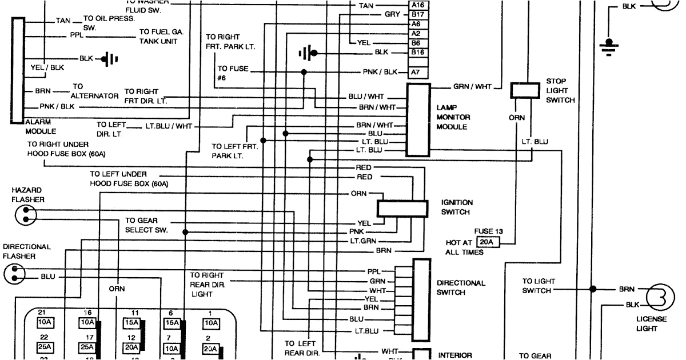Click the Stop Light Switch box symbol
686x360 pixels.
click(x=525, y=90)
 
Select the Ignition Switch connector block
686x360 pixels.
click(x=402, y=209)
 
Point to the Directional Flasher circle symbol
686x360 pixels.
click(x=14, y=275)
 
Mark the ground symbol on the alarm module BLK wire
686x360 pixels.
click(x=108, y=58)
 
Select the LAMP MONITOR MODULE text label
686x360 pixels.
click(x=453, y=117)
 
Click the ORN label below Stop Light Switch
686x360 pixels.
click(x=516, y=118)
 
